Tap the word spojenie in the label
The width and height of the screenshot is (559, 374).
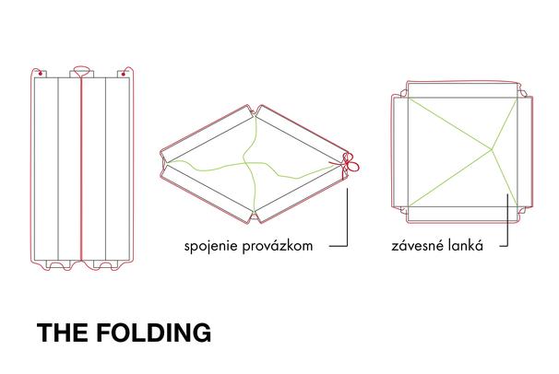click(209, 247)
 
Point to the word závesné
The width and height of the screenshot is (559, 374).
click(417, 247)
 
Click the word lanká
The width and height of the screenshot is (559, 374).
click(471, 247)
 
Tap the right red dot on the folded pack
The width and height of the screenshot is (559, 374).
click(124, 71)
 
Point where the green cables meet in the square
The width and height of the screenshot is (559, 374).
click(493, 147)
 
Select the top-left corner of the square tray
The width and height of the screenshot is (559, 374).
click(407, 93)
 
